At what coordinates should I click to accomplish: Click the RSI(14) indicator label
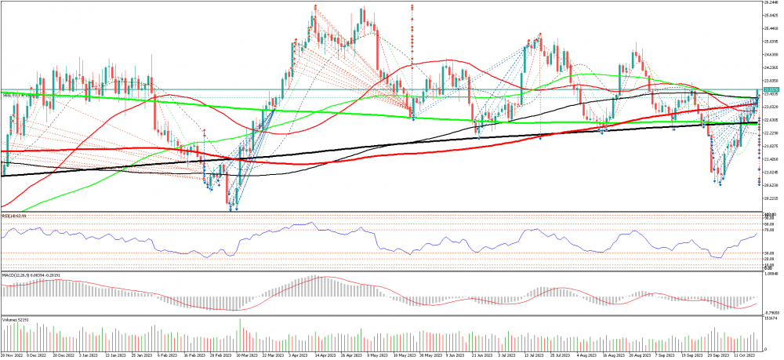point(14,215)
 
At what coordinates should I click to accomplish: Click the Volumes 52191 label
point(15,320)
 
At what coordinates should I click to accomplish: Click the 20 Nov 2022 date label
point(12,355)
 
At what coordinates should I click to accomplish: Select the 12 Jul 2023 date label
point(532,355)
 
